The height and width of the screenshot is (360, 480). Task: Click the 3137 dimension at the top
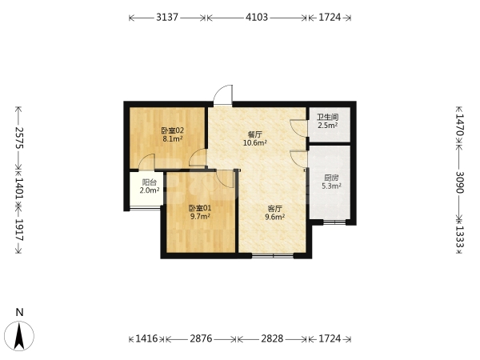click(167, 18)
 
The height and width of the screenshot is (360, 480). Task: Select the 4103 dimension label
click(257, 18)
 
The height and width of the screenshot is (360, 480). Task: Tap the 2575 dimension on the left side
click(19, 138)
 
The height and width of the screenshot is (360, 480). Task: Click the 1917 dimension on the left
click(19, 230)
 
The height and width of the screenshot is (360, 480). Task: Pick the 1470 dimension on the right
click(460, 125)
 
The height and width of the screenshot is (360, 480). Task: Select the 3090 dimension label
click(460, 182)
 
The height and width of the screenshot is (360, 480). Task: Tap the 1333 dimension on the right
click(460, 237)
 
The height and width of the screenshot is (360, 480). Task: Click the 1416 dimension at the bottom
click(146, 338)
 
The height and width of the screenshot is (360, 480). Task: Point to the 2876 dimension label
click(201, 338)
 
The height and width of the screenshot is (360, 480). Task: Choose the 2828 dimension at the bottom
click(272, 338)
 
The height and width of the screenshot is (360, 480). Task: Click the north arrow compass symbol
click(19, 336)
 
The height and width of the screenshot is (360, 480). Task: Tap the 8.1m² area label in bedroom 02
click(173, 139)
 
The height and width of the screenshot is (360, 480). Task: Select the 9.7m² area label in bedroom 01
click(200, 217)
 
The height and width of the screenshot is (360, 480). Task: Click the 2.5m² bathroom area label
click(327, 126)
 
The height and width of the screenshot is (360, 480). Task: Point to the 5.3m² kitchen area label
click(331, 186)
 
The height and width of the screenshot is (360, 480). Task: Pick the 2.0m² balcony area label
click(150, 190)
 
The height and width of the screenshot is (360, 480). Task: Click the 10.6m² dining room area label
click(255, 142)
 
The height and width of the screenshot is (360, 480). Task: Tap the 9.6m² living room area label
click(275, 217)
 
